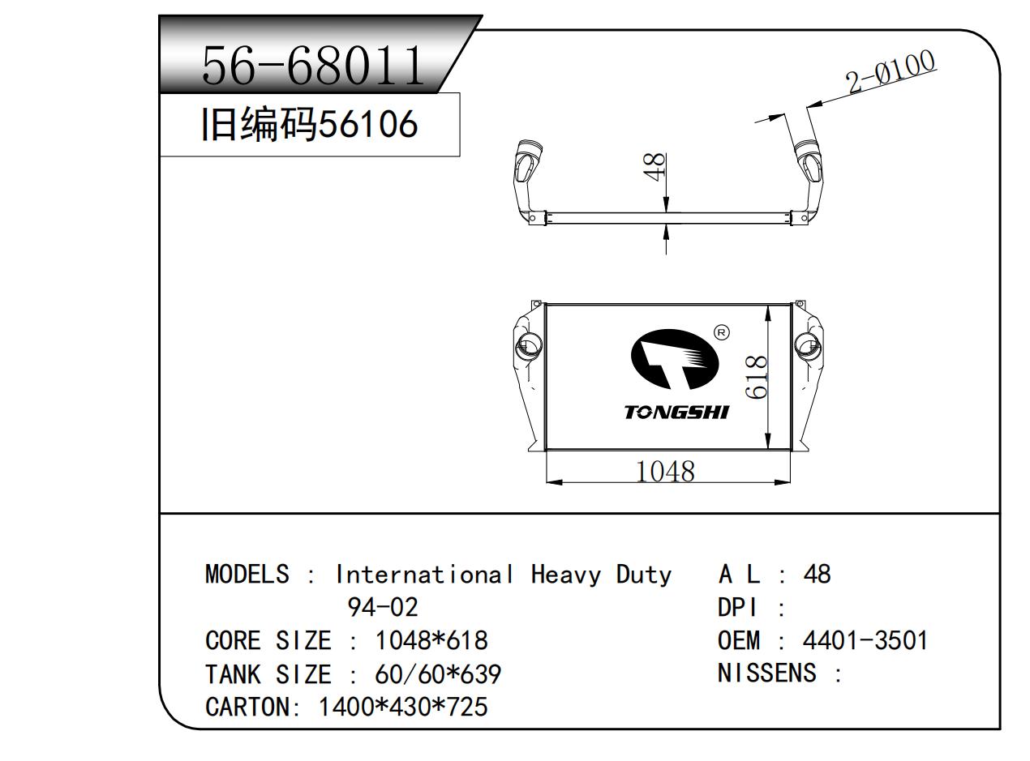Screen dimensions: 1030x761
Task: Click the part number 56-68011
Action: [312, 66]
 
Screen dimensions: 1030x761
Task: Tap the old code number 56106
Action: [368, 124]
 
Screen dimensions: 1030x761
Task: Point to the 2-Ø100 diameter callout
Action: [889, 71]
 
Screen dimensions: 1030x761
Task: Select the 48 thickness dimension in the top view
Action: [654, 166]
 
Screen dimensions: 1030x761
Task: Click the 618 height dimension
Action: [755, 377]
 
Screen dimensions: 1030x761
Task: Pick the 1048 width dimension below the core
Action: [665, 472]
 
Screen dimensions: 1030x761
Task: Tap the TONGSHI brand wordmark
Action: [676, 412]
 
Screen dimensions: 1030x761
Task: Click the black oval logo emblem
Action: [675, 359]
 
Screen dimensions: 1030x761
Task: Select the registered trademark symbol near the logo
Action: [721, 332]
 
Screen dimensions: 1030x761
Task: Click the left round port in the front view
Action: [529, 346]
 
